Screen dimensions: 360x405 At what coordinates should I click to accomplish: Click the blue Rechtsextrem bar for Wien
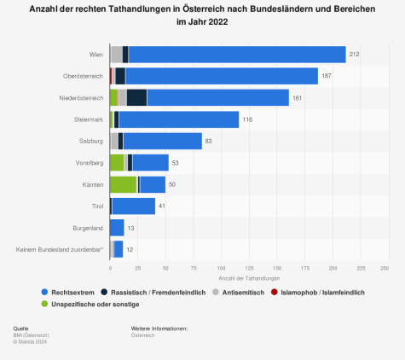(x=237, y=55)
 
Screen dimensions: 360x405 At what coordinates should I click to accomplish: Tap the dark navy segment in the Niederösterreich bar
(x=136, y=97)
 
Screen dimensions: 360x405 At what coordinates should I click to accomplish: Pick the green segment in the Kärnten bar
(x=123, y=184)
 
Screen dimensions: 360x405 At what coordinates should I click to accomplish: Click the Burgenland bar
(x=117, y=228)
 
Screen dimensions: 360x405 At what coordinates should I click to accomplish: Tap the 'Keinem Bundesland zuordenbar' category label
(x=60, y=249)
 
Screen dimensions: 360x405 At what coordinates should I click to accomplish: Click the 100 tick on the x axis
(x=220, y=269)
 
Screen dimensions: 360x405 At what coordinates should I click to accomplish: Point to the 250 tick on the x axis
(x=385, y=269)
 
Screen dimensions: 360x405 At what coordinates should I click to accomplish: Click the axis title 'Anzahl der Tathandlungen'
(x=247, y=279)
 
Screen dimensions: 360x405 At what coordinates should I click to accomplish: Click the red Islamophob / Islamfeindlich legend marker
(x=276, y=292)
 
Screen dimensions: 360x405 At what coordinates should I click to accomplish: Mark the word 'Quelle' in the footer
(x=20, y=328)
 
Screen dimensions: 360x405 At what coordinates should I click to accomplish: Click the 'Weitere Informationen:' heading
(x=159, y=328)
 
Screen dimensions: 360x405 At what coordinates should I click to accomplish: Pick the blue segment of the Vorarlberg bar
(x=150, y=163)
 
